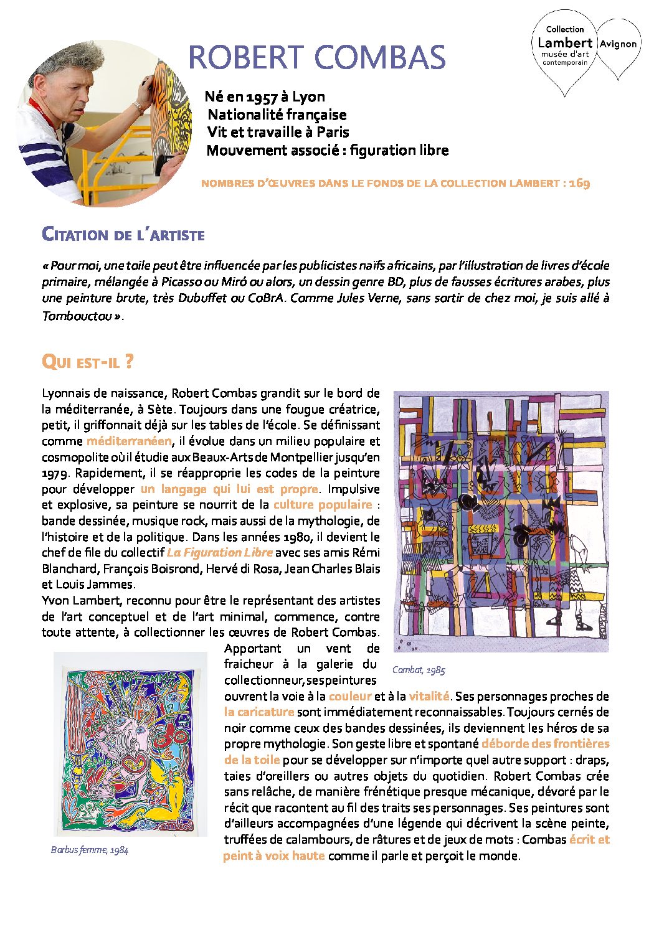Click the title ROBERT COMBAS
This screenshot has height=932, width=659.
tap(316, 57)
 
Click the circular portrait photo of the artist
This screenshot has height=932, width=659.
tap(103, 123)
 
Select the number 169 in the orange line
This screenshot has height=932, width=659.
tap(579, 183)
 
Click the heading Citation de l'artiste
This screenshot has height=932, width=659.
tap(123, 235)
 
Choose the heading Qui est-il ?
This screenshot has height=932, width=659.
tap(87, 362)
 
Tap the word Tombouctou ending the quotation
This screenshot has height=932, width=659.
tap(77, 316)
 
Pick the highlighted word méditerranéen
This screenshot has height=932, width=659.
tap(129, 441)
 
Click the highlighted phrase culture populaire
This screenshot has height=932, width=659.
tap(323, 505)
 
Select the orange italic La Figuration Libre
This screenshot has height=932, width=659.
tap(220, 553)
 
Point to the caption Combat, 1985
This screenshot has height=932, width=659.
tap(419, 671)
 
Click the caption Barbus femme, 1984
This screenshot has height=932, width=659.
tap(90, 850)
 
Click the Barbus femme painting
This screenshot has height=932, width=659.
tap(130, 744)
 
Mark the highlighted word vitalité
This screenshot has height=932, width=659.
tap(429, 697)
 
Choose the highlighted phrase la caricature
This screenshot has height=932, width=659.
tap(259, 712)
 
